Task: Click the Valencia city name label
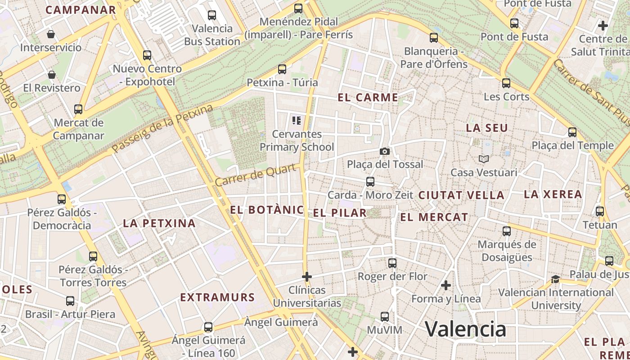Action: coord(465,329)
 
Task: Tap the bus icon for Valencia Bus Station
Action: coord(212,15)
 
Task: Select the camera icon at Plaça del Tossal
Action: coord(384,151)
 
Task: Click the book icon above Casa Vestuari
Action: coord(484,159)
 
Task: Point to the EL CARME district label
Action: coord(368,97)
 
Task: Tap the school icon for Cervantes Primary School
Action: coord(296,120)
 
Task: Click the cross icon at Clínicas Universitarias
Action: coord(307,276)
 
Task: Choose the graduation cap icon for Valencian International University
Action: coord(555,279)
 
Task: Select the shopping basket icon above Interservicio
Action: coord(51,34)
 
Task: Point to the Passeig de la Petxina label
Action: coord(162,129)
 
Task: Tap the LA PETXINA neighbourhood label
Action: coord(159,223)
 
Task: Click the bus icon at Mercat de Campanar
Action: coord(78,109)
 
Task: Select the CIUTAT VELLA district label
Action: coord(461,195)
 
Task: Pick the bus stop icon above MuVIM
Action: coord(384,317)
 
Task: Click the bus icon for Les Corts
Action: coord(506,83)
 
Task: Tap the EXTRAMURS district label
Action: coord(217,297)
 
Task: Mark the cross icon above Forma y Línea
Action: coord(446,285)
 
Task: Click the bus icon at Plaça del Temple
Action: coord(572,132)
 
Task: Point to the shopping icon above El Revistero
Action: coord(52,75)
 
